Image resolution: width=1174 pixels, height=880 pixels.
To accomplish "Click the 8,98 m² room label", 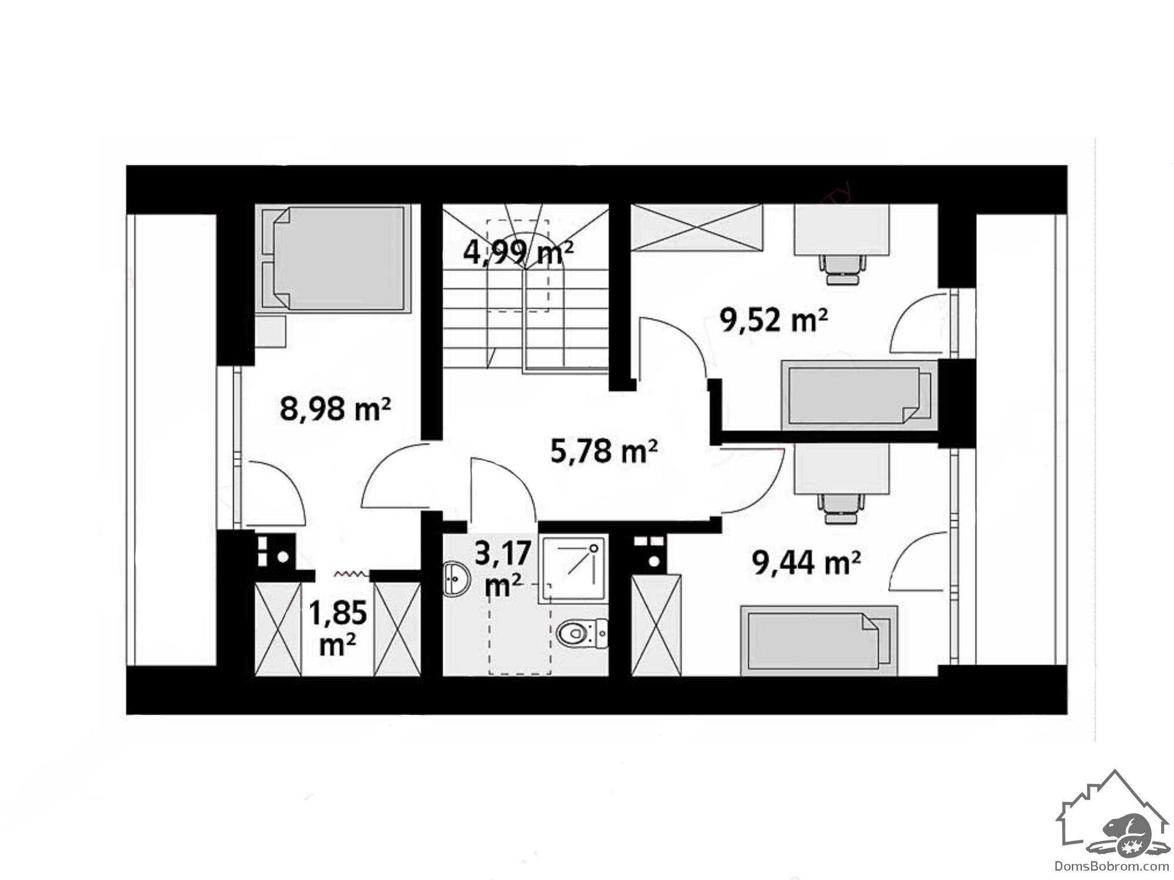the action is point(335,408).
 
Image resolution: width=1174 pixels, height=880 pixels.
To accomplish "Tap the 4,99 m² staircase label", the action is point(518,253).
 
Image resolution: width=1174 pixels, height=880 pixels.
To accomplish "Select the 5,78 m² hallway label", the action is point(604,451).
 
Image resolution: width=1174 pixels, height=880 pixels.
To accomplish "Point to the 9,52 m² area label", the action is point(774,320).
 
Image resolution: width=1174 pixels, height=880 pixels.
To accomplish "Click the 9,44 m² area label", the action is point(807,563).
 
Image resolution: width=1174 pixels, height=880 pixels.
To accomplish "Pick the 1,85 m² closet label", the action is point(338,628).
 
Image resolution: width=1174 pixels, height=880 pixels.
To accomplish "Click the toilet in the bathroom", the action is point(582,634).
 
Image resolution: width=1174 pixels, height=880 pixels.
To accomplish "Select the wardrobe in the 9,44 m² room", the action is point(656,625).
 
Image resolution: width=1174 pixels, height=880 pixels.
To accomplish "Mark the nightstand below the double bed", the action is point(271,331).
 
